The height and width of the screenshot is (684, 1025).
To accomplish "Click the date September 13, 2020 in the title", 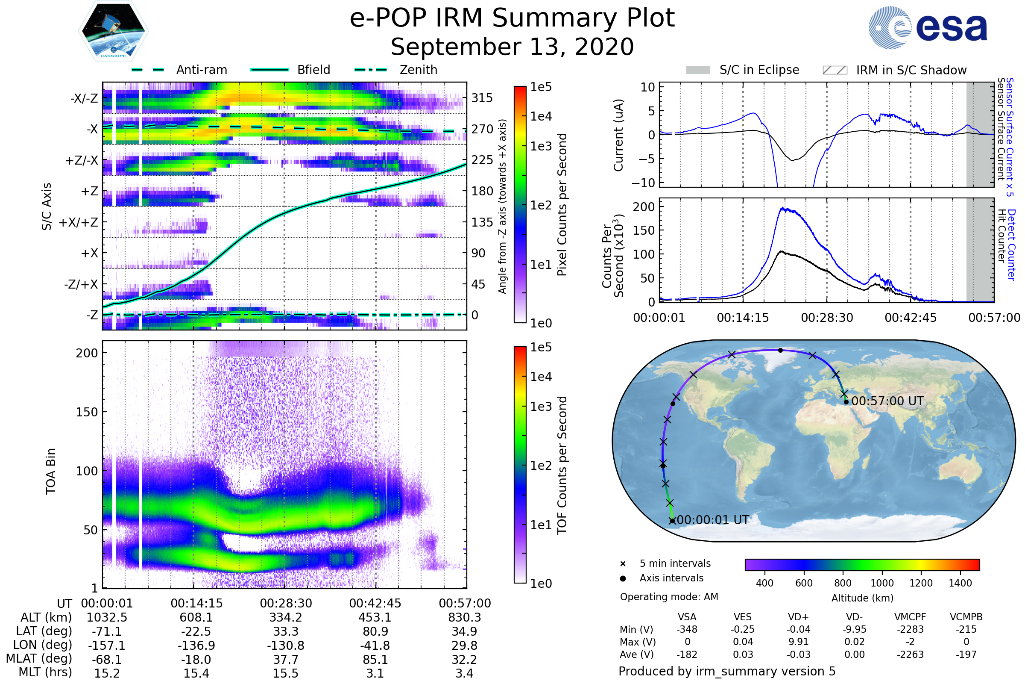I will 512,47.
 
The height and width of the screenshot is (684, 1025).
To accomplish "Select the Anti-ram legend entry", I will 201,70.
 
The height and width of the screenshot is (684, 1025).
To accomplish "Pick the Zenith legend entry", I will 418,70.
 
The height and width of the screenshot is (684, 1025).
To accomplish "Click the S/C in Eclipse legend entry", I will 759,70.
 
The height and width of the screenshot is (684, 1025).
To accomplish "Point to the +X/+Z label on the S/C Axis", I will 79,222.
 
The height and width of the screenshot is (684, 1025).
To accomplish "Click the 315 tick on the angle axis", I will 482,98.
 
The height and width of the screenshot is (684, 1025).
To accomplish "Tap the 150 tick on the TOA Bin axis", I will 87,412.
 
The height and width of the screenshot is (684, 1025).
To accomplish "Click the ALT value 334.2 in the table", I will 285,618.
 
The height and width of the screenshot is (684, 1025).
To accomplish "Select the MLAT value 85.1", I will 375,660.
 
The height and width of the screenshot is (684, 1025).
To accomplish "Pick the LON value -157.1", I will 107,646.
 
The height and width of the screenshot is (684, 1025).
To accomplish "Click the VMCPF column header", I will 910,617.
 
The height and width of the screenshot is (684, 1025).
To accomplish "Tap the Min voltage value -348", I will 687,629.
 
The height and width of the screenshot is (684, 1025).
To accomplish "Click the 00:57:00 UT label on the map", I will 887,401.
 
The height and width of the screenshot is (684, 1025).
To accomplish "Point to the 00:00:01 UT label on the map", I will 713,520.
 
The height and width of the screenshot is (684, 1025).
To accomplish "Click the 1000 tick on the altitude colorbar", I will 881,583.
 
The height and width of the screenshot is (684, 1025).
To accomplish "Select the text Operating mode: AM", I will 669,597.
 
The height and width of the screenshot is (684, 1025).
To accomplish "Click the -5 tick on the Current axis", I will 646,159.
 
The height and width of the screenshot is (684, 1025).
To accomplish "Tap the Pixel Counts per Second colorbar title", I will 562,205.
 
